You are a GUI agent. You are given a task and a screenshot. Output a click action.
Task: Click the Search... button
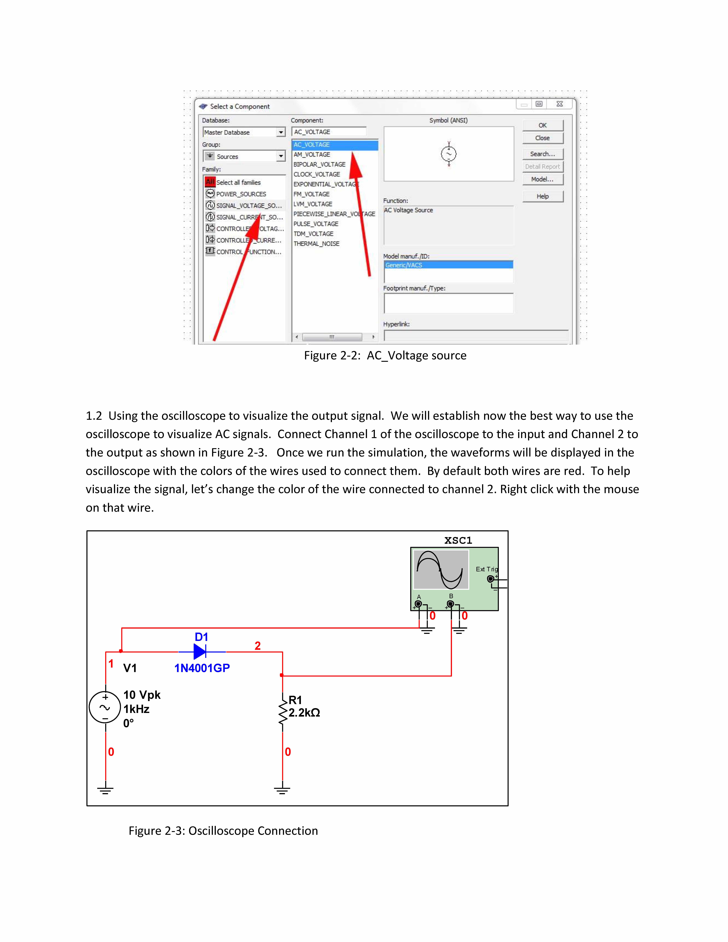click(x=543, y=154)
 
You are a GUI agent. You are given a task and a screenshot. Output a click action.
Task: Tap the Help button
click(x=543, y=196)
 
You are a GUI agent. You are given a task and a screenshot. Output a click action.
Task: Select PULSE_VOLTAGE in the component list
click(x=316, y=224)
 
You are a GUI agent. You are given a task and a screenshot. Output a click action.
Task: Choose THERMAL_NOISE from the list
click(x=316, y=244)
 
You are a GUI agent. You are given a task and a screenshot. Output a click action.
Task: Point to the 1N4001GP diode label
click(x=202, y=668)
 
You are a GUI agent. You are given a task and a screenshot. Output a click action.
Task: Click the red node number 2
click(x=258, y=646)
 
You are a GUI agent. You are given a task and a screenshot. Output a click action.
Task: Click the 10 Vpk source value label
click(x=142, y=695)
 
